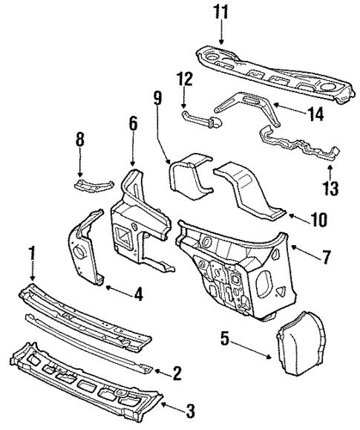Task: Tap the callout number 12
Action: (184, 78)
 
